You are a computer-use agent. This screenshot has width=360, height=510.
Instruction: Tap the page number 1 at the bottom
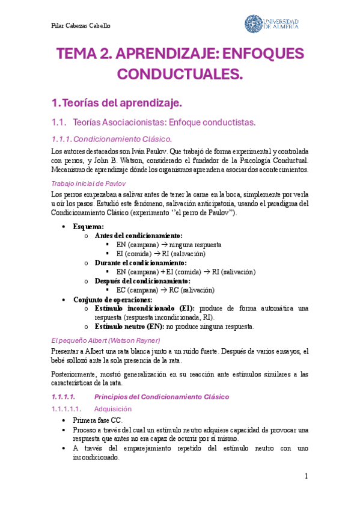[306, 476]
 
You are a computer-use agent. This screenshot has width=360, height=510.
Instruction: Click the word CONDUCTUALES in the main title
[180, 75]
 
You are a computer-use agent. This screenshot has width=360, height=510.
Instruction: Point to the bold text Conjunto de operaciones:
[112, 300]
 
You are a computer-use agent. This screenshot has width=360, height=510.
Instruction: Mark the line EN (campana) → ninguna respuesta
[169, 245]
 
